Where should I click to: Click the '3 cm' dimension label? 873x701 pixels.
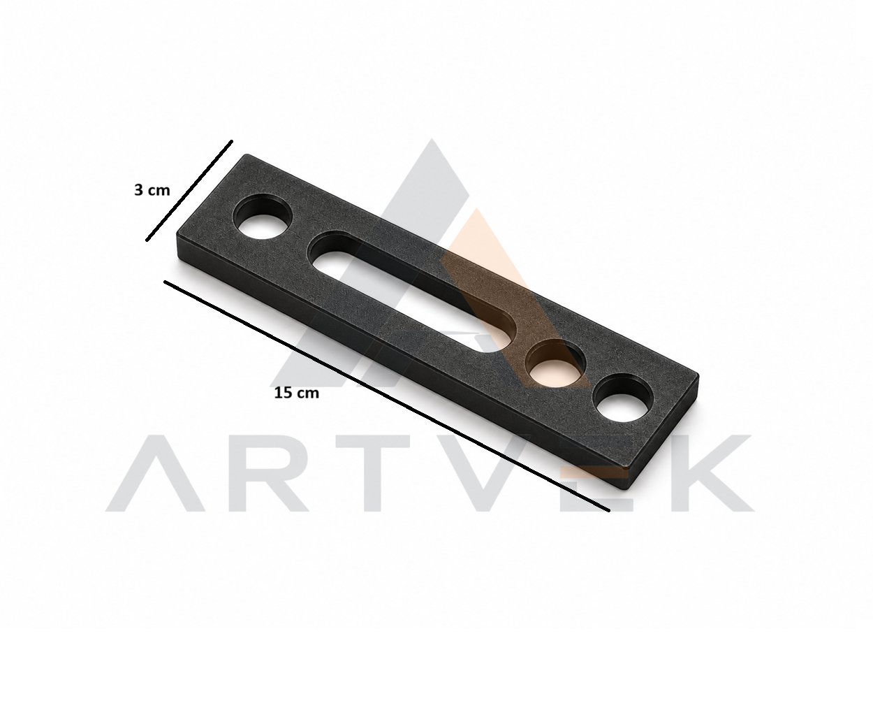pyautogui.click(x=152, y=190)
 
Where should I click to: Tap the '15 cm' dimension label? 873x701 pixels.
pyautogui.click(x=297, y=393)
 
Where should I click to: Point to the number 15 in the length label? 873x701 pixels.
pyautogui.click(x=284, y=393)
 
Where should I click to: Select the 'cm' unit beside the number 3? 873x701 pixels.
pyautogui.click(x=159, y=191)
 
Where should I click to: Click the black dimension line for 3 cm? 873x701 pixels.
pyautogui.click(x=189, y=191)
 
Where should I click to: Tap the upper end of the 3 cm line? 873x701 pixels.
pyautogui.click(x=232, y=141)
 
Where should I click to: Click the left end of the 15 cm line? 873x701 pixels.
pyautogui.click(x=165, y=282)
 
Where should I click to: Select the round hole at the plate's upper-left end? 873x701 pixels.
pyautogui.click(x=263, y=216)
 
